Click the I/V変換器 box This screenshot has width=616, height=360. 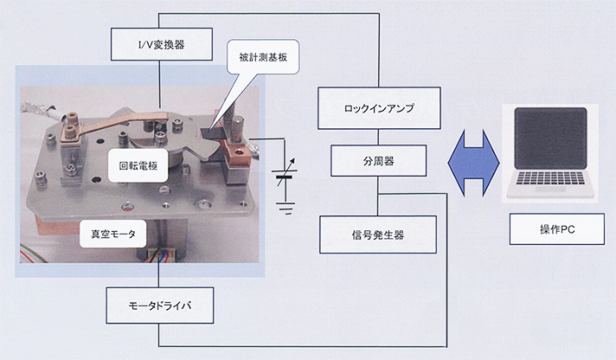pos(162,44)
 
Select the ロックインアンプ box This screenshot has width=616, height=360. pos(379,108)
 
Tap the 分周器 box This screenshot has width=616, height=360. pos(378,161)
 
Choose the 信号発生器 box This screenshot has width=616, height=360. pos(378,235)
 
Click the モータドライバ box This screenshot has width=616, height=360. pos(160,305)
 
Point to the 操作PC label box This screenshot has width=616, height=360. pos(557,229)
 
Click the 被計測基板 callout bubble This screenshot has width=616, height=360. pos(263,57)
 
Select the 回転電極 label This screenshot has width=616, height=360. pos(138,165)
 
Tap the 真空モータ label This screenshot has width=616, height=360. pos(113,234)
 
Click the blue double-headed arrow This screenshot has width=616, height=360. pos(473,163)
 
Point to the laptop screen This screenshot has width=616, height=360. pos(551,138)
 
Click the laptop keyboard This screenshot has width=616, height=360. pos(550,178)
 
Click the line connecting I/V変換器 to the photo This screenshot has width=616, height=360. pos(160,84)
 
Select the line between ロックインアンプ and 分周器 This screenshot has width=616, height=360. pos(378,137)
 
